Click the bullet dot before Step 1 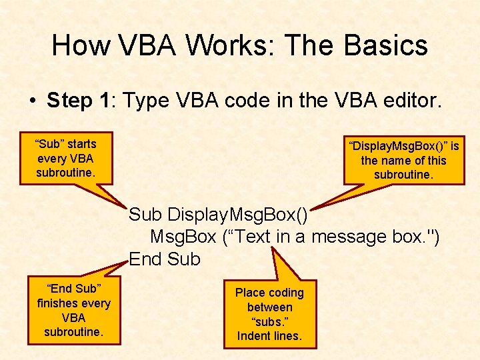(x=32, y=101)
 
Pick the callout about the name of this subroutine (x=403, y=160)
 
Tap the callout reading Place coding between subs (x=269, y=314)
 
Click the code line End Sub (x=165, y=259)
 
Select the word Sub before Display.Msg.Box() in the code (x=145, y=215)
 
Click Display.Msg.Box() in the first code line (x=237, y=215)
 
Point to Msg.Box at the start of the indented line (x=183, y=237)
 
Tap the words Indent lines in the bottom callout (x=269, y=337)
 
